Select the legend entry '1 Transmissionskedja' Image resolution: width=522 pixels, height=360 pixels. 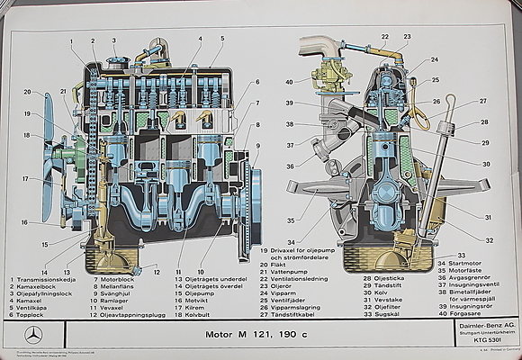click(41, 280)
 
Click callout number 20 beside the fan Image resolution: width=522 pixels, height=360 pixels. click(27, 92)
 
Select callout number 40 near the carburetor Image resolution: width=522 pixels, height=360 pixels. click(290, 83)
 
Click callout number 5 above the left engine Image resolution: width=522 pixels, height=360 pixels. click(221, 39)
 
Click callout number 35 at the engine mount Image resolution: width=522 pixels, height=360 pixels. click(290, 220)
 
